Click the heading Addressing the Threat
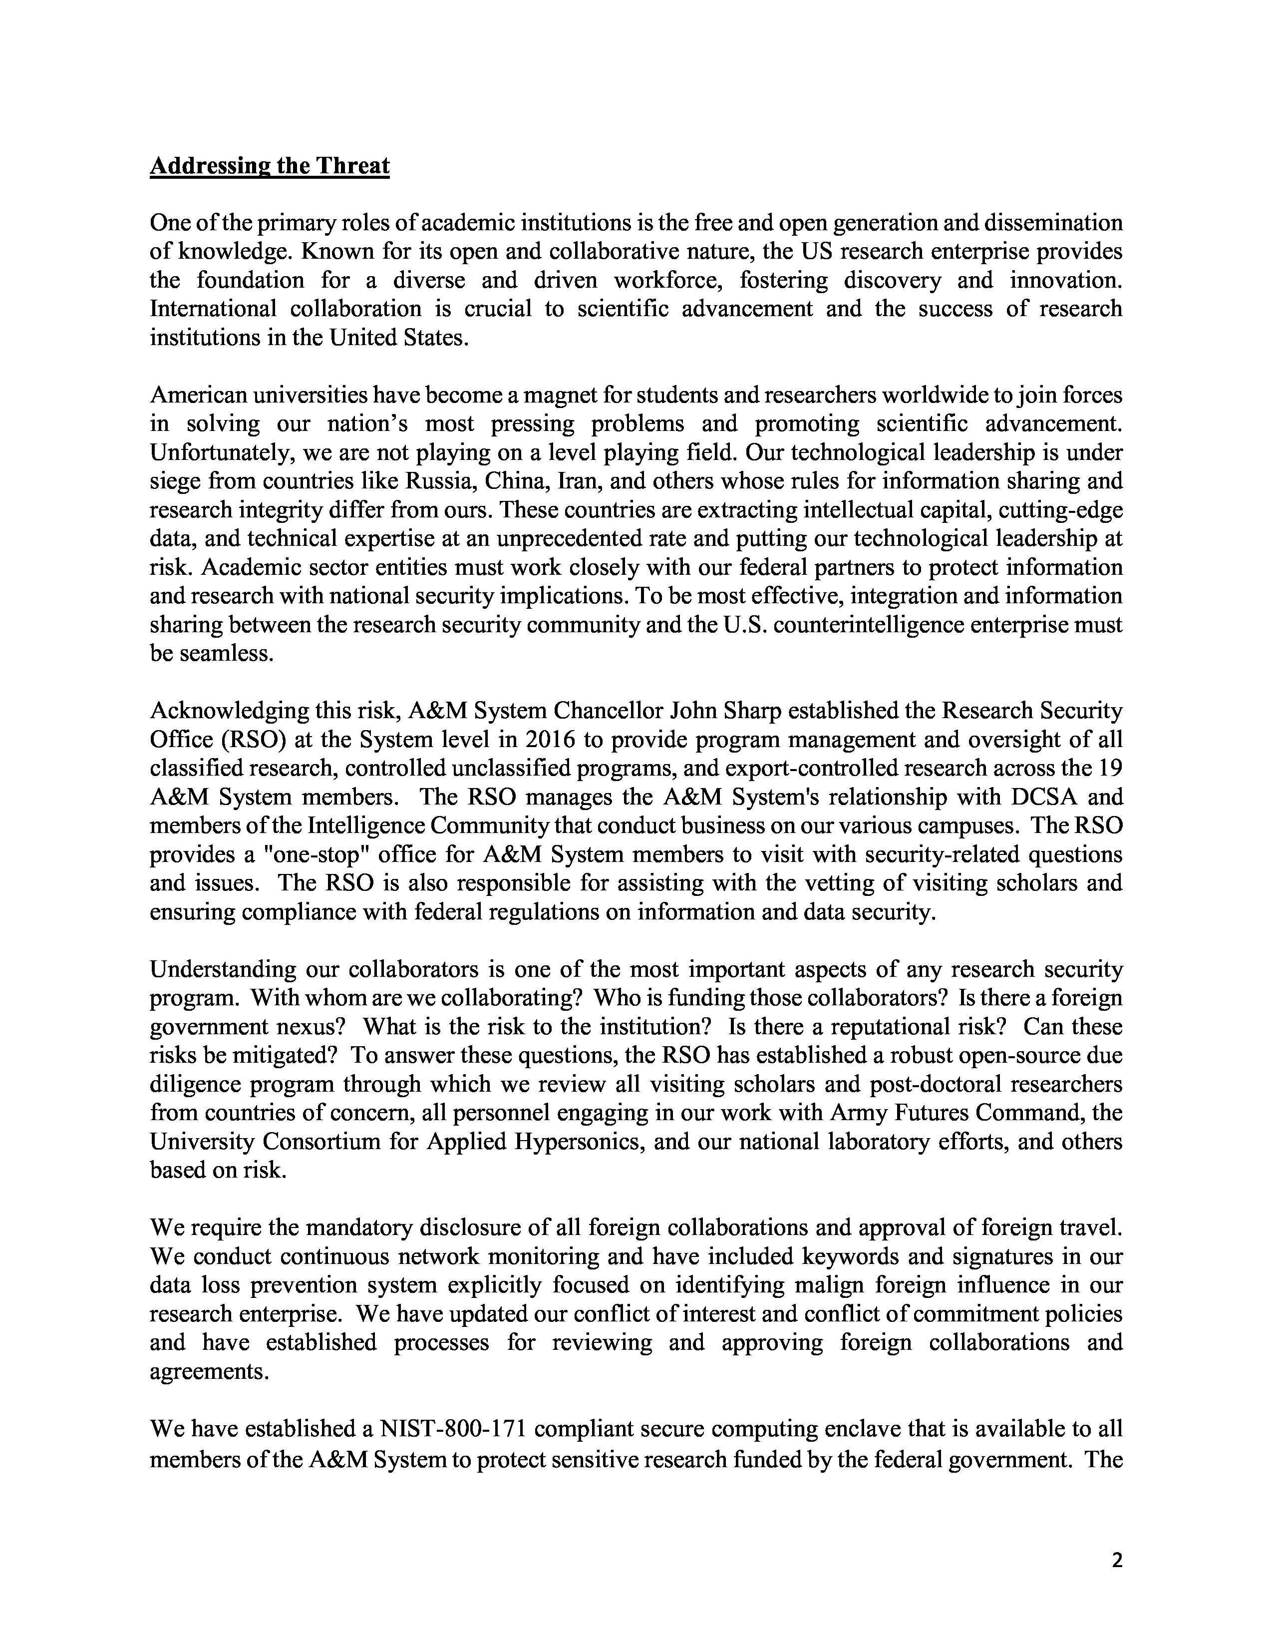(x=269, y=166)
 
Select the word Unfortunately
(x=223, y=452)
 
